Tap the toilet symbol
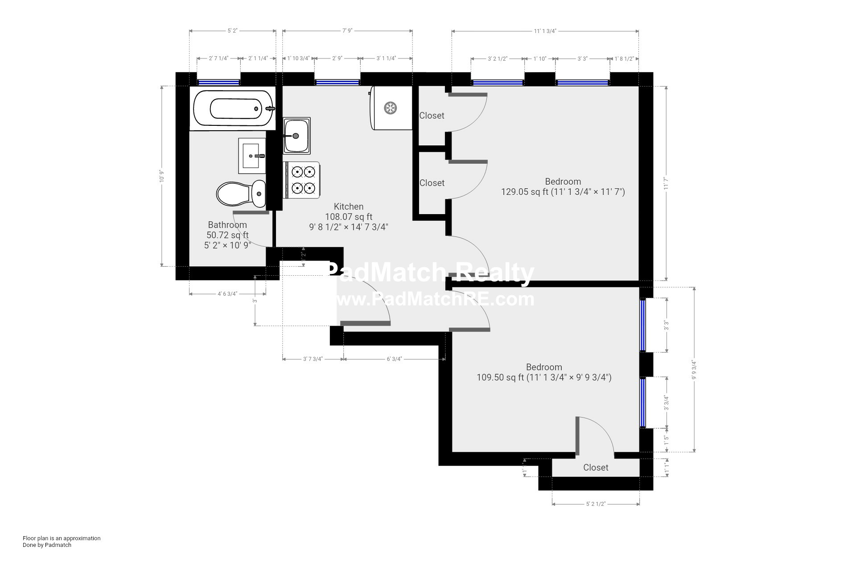click(x=241, y=194)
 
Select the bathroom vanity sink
click(x=252, y=156)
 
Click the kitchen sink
click(x=296, y=135)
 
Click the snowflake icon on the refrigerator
click(x=391, y=108)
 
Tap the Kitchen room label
click(x=349, y=207)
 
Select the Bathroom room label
click(x=227, y=225)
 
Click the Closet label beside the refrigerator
click(x=432, y=116)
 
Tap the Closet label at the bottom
click(x=596, y=468)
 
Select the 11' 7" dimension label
click(x=667, y=183)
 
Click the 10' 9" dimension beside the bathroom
click(x=162, y=176)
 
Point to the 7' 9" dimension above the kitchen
click(x=347, y=31)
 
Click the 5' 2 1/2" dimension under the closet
click(x=596, y=504)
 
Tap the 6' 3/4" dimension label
click(x=394, y=359)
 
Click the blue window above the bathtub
click(x=218, y=82)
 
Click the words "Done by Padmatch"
click(x=47, y=545)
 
